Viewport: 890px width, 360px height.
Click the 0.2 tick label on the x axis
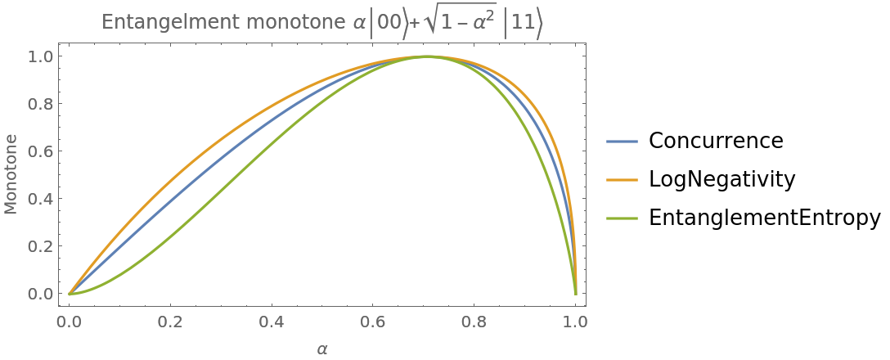click(170, 322)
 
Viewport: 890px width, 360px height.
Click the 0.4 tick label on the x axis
click(272, 322)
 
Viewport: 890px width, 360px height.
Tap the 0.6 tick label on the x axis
click(373, 322)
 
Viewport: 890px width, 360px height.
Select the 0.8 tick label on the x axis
click(474, 322)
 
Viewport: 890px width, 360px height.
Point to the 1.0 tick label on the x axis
click(575, 322)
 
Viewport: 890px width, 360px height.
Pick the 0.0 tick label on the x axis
click(69, 322)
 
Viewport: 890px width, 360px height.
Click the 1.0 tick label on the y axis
click(40, 56)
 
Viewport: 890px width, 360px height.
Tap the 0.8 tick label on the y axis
click(40, 104)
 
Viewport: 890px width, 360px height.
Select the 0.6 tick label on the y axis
click(40, 151)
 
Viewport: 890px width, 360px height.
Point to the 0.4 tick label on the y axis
click(40, 199)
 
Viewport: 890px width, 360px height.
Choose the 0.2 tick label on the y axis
click(40, 246)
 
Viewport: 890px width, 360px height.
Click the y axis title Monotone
click(11, 175)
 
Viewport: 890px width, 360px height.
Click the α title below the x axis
click(322, 349)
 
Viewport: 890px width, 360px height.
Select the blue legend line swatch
click(622, 142)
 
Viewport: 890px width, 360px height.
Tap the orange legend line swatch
click(622, 180)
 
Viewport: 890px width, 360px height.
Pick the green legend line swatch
click(622, 218)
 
